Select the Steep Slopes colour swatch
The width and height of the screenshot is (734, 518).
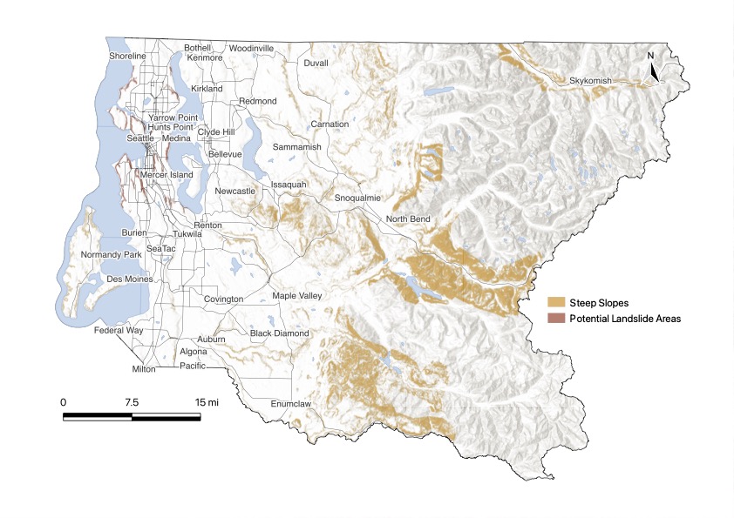[x=555, y=302]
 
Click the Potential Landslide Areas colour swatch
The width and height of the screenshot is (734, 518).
[x=555, y=319]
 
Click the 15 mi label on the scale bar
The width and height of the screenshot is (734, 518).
[x=207, y=402]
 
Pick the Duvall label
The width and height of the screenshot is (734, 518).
[x=316, y=64]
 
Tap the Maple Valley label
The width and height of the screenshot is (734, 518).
[x=296, y=296]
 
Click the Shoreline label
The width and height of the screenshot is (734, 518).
[x=126, y=56]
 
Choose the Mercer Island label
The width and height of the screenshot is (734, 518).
[x=167, y=174]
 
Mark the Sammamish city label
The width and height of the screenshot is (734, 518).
[x=296, y=148]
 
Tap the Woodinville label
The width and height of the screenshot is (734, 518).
[x=252, y=48]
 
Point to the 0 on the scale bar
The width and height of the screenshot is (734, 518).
[x=64, y=402]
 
